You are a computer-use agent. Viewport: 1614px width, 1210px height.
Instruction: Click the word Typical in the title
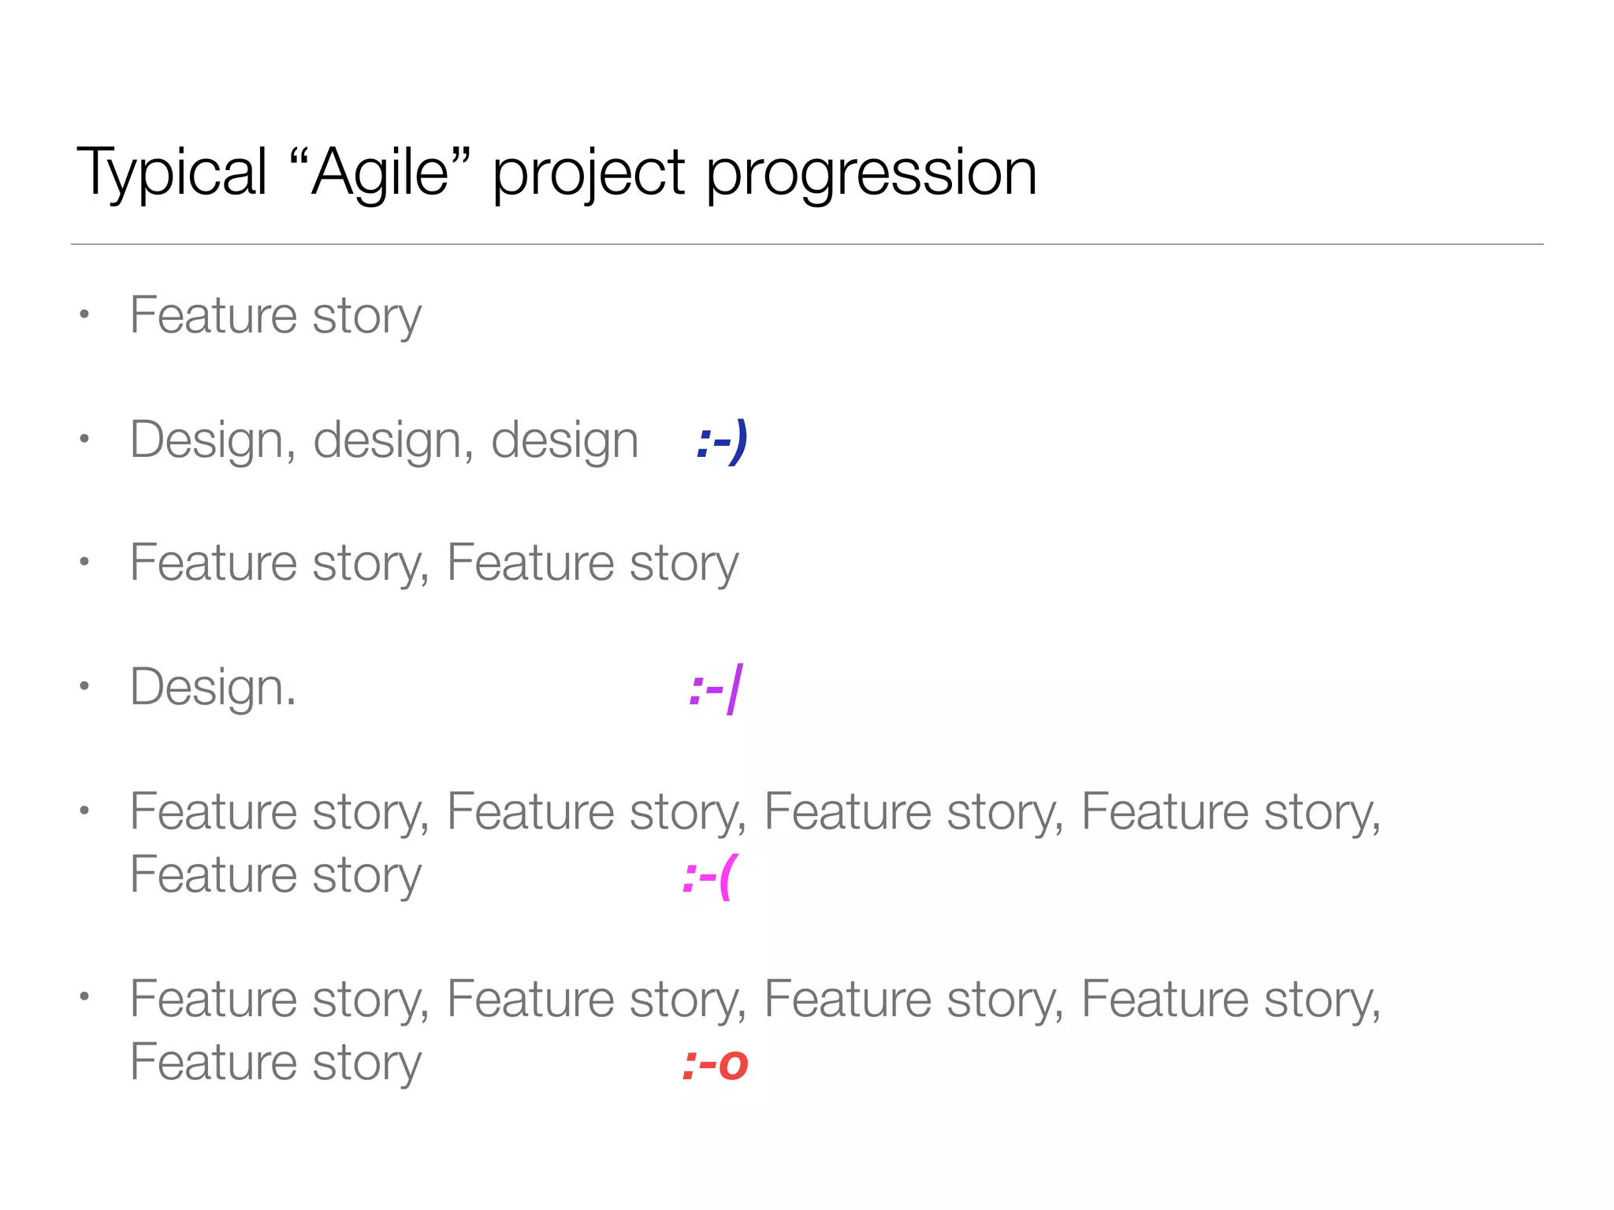pyautogui.click(x=172, y=173)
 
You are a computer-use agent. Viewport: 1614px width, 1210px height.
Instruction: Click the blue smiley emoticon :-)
pyautogui.click(x=722, y=441)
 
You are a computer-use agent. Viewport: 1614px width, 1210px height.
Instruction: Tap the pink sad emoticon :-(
pyautogui.click(x=708, y=877)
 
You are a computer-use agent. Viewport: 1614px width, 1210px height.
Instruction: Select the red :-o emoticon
pyautogui.click(x=715, y=1064)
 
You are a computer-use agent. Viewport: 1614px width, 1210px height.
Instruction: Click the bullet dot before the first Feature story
pyautogui.click(x=84, y=315)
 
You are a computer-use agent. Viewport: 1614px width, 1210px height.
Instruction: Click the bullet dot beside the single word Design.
pyautogui.click(x=84, y=686)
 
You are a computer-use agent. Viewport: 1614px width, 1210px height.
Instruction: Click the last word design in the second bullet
pyautogui.click(x=564, y=440)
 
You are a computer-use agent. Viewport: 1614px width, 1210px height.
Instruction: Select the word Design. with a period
pyautogui.click(x=213, y=687)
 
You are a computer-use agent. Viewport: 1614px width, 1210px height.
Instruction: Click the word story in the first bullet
pyautogui.click(x=366, y=317)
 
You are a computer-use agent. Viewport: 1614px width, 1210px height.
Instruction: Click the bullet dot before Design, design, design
pyautogui.click(x=84, y=439)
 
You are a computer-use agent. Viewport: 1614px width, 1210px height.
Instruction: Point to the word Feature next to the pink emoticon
pyautogui.click(x=214, y=874)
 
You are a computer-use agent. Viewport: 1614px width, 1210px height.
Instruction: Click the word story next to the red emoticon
pyautogui.click(x=366, y=1063)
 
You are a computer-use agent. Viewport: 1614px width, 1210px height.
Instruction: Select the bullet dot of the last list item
pyautogui.click(x=84, y=997)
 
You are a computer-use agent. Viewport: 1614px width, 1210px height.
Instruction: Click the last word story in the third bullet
pyautogui.click(x=684, y=564)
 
